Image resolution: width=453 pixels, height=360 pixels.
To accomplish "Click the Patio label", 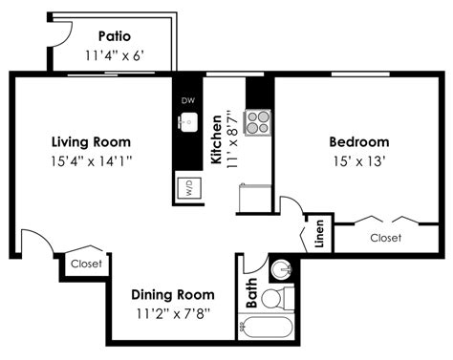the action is [x=115, y=36].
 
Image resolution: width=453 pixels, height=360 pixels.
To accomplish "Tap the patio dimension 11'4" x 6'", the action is [x=115, y=56].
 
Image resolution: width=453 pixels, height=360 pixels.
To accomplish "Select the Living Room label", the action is [x=91, y=142].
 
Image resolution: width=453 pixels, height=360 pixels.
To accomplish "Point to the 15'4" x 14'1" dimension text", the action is [x=92, y=161].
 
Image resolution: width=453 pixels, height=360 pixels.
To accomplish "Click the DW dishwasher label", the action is [x=188, y=100].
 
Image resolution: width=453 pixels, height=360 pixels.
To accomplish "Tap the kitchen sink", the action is [x=188, y=122].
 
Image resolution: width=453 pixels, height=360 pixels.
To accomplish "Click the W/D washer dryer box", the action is [x=189, y=188].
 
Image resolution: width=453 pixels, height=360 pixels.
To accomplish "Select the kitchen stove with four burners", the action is [x=258, y=122].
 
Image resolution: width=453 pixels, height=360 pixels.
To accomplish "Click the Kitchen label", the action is [x=217, y=139].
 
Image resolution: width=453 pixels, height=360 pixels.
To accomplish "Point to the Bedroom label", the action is [x=359, y=142].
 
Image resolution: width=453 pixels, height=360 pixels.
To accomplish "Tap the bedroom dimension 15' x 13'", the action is [x=359, y=161].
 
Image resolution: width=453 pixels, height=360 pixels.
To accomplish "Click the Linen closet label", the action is [x=319, y=234].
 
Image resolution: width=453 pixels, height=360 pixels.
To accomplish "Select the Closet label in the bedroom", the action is [x=386, y=238].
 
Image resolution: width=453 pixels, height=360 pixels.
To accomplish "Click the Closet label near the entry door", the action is [x=86, y=264].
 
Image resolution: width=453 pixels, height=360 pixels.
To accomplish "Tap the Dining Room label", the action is [x=173, y=295].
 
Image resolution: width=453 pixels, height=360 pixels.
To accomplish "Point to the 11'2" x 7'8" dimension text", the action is [x=173, y=314].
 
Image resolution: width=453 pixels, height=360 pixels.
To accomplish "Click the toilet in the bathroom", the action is [x=277, y=298].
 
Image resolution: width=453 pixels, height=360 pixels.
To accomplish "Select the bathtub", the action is [x=267, y=328].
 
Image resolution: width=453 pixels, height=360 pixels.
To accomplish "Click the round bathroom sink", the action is [x=282, y=269].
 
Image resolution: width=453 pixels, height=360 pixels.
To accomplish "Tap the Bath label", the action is [x=251, y=293].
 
